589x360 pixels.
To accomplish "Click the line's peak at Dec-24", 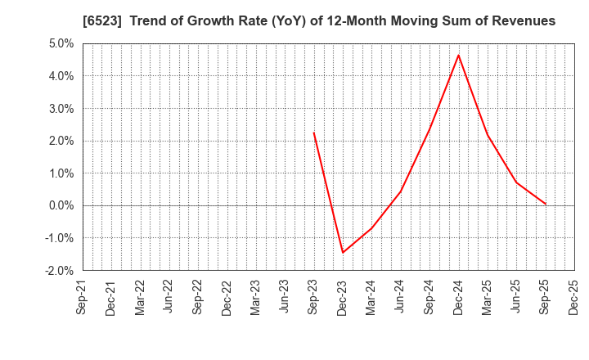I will (x=459, y=55).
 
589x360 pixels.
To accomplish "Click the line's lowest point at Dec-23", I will (x=343, y=252).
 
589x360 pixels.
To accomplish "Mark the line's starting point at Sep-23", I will (x=313, y=133).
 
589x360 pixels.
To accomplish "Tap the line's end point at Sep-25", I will (x=546, y=204).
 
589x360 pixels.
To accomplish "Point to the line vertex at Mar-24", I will (x=371, y=228).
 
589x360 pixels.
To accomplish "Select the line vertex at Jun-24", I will (x=401, y=191).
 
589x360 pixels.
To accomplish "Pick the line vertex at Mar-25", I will (x=488, y=135).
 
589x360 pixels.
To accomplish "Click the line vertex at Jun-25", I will (x=517, y=182).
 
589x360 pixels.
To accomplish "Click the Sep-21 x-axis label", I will (x=82, y=297).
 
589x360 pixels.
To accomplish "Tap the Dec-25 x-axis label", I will (x=574, y=297).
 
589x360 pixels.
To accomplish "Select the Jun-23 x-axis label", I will (x=285, y=297).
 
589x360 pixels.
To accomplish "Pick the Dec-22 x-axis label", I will (x=227, y=297).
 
